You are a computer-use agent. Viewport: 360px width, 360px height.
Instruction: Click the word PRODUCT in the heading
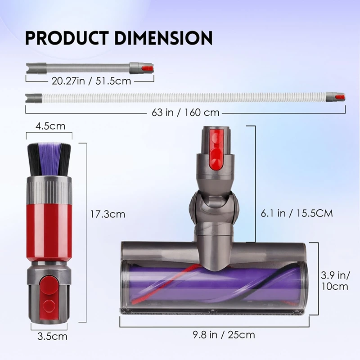(67, 38)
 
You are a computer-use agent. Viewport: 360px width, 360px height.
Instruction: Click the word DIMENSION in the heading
(163, 38)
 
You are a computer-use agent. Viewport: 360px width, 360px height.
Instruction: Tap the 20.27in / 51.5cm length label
(91, 81)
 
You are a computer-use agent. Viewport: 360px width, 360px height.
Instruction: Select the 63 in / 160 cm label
(185, 112)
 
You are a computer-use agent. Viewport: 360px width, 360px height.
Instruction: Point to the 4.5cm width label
(50, 126)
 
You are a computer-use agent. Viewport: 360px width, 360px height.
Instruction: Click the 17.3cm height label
(108, 214)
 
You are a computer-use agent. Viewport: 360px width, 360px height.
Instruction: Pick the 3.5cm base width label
(52, 337)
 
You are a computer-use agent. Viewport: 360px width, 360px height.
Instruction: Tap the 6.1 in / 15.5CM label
(297, 213)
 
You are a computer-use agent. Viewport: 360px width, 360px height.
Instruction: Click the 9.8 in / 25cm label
(224, 335)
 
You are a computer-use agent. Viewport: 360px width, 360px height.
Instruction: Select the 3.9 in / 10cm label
(335, 280)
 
